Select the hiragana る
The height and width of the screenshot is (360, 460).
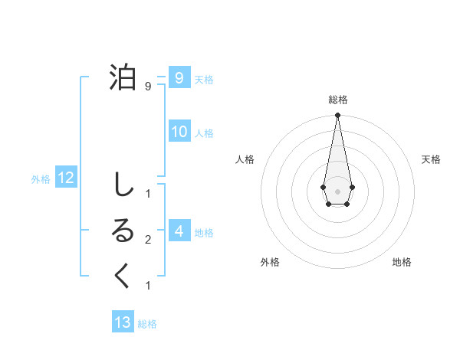(123, 231)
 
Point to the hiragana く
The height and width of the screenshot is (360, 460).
(123, 277)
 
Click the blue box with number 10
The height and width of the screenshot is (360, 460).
(179, 132)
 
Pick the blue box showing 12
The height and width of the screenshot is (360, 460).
(65, 178)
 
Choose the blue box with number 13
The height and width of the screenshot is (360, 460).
(123, 322)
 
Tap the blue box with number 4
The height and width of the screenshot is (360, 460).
(179, 231)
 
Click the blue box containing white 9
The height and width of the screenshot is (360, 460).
(179, 78)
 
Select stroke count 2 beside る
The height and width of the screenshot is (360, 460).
(148, 240)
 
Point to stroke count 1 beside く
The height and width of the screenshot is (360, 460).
(148, 286)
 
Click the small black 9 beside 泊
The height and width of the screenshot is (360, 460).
(148, 87)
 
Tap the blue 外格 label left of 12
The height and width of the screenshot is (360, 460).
(41, 179)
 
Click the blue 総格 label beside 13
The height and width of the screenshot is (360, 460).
(147, 323)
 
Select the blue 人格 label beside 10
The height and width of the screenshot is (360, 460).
(203, 133)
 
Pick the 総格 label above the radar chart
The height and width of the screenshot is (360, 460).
(337, 100)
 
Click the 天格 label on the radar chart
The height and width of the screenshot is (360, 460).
(431, 159)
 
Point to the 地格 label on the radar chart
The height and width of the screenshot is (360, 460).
(402, 262)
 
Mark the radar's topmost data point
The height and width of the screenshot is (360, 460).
(337, 116)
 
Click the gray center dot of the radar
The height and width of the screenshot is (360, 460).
(337, 191)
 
